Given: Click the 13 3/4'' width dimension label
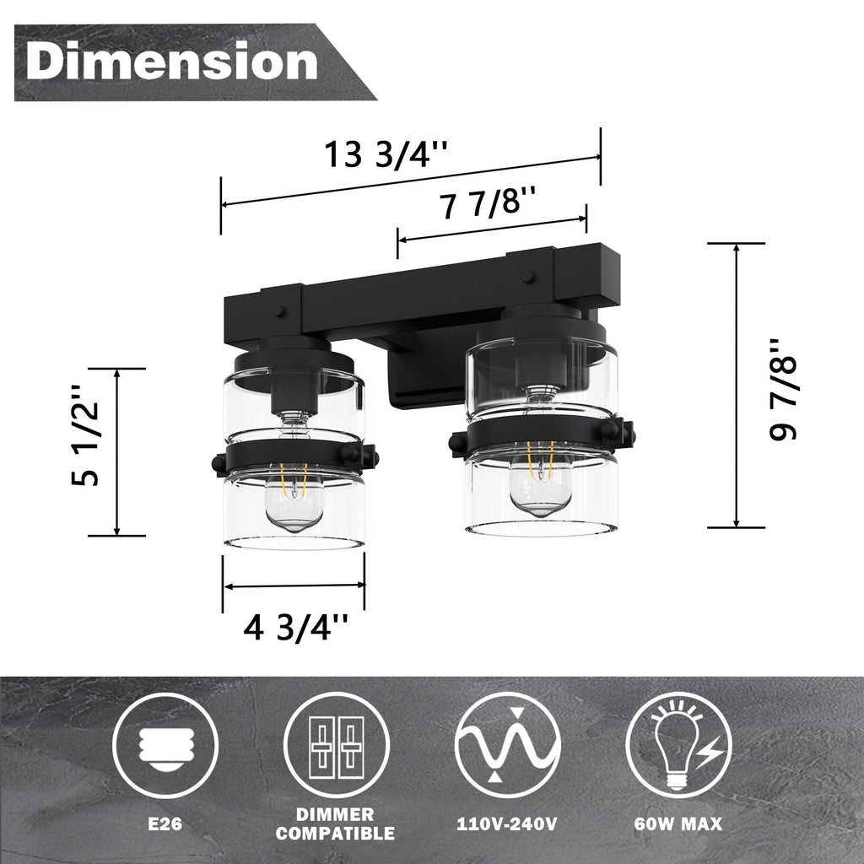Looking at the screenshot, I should (386, 155).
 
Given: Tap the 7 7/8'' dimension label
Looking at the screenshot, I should (489, 205).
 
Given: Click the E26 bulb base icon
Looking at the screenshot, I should (165, 744).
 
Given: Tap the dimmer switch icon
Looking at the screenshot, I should (337, 746).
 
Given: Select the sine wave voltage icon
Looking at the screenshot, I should (508, 745).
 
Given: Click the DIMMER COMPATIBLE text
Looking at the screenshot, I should (337, 824).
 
